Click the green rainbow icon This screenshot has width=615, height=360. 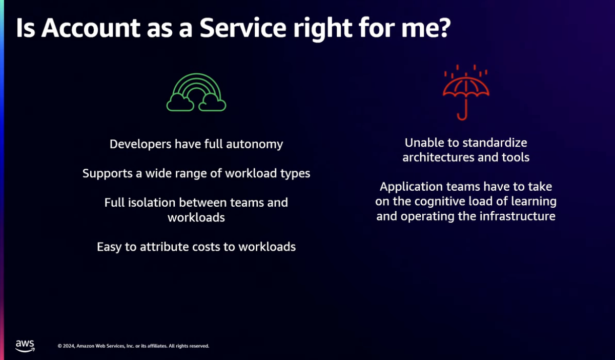[196, 83]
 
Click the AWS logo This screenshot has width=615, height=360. [25, 346]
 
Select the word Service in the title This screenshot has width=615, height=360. [243, 28]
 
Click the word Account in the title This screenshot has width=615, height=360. [91, 28]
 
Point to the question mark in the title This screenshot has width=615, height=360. [443, 28]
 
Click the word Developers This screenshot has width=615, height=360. [140, 144]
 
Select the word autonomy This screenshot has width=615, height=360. [254, 145]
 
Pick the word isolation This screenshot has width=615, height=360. [152, 203]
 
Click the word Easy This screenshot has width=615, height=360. [109, 247]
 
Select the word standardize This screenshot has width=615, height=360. [495, 143]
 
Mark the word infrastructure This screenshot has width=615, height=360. [517, 216]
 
